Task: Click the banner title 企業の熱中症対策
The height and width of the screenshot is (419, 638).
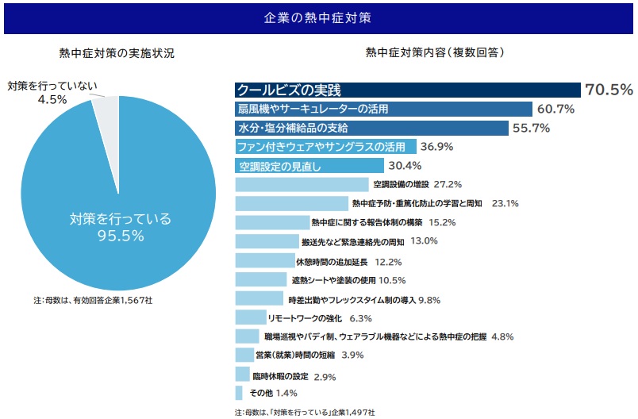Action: pyautogui.click(x=318, y=17)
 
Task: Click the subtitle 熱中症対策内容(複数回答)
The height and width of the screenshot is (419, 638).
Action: pyautogui.click(x=435, y=53)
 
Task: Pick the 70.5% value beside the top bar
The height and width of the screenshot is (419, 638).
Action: pyautogui.click(x=609, y=89)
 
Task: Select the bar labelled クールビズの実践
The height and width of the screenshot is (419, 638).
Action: pyautogui.click(x=408, y=89)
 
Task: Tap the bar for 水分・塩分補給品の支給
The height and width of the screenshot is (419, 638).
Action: pyautogui.click(x=371, y=128)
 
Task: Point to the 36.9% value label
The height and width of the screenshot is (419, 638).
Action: pyautogui.click(x=436, y=147)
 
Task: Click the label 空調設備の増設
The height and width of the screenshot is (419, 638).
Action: pyautogui.click(x=401, y=184)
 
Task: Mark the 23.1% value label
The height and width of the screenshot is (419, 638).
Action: pyautogui.click(x=505, y=203)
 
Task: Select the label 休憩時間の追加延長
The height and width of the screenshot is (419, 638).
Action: pyautogui.click(x=332, y=261)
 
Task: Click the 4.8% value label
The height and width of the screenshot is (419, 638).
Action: pyautogui.click(x=502, y=336)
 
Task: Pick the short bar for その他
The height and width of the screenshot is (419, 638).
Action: pyautogui.click(x=239, y=393)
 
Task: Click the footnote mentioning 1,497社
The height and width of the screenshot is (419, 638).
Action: pyautogui.click(x=305, y=413)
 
